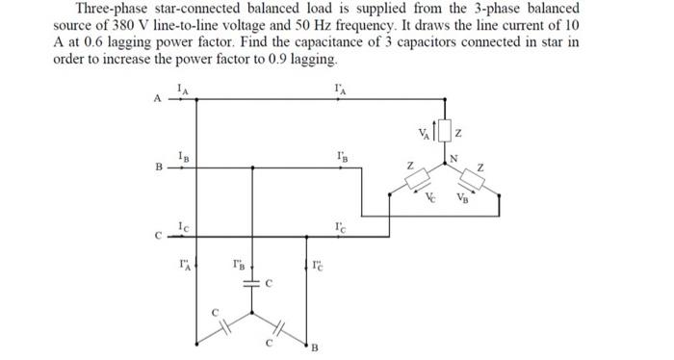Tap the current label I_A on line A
[182, 88]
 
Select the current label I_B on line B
[182, 157]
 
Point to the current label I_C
[182, 225]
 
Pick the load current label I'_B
[342, 157]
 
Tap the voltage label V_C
[431, 200]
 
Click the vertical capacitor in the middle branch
[252, 285]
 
